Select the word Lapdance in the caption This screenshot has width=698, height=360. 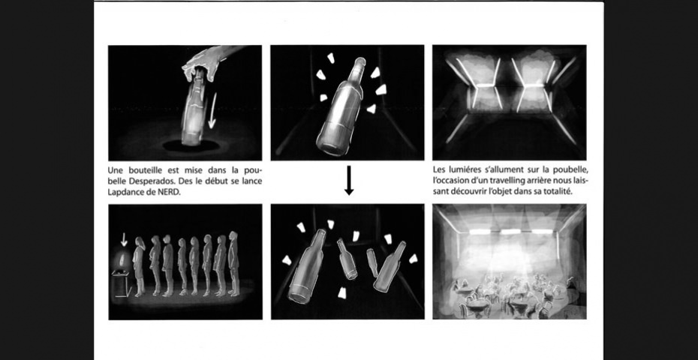point(124,192)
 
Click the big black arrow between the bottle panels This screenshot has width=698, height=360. point(349,180)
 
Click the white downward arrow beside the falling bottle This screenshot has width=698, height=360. point(213,110)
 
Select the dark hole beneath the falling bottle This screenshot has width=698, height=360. point(191,145)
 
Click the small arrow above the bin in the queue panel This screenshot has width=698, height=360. point(124,240)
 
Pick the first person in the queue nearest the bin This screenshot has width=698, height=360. point(139,267)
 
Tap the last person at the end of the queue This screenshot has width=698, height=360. point(233,263)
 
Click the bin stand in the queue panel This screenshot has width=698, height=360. point(122,284)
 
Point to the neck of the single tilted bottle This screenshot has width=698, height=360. point(358,70)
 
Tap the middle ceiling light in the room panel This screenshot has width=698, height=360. point(510,232)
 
